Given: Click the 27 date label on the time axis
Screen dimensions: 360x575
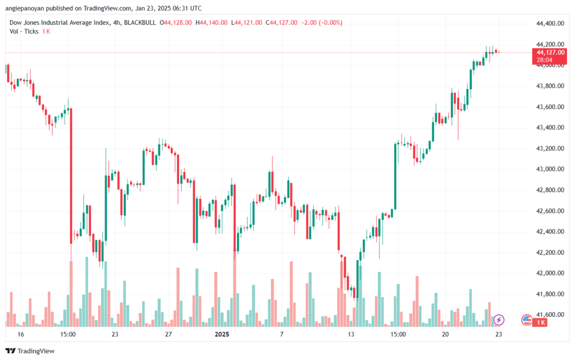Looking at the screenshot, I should click(168, 334).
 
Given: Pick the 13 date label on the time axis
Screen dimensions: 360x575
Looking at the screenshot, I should click(352, 334).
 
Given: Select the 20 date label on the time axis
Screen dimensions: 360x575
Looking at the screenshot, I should click(445, 334).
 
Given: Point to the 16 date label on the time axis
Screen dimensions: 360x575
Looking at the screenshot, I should click(21, 334).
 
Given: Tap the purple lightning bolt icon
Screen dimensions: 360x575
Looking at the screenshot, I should click(499, 320).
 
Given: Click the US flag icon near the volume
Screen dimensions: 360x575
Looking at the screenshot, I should click(526, 320).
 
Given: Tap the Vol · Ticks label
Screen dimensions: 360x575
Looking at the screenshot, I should click(24, 31).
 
